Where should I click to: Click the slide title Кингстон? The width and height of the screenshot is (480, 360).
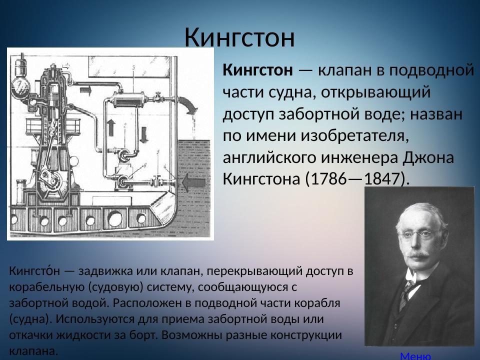239,37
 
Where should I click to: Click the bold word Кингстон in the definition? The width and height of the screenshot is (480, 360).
257,70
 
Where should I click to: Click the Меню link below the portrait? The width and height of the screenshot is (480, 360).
415,356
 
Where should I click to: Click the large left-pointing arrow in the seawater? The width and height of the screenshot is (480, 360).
193,182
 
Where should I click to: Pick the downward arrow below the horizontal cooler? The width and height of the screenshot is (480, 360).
144,134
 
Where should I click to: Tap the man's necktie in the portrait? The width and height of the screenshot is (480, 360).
407,290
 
